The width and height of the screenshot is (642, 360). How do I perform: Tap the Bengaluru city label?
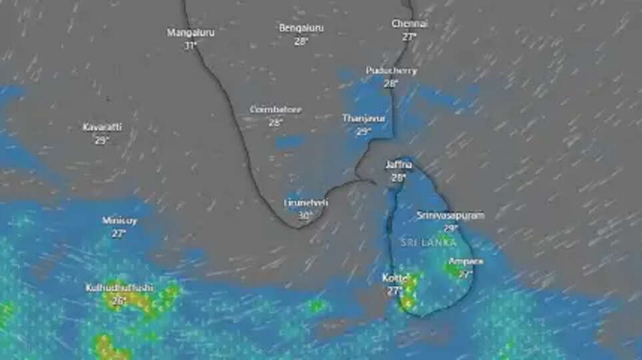point(301,28)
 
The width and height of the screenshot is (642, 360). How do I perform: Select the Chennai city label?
point(409,24)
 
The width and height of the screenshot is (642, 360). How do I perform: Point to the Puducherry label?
point(391,71)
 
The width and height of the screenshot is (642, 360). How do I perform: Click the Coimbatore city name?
point(276,109)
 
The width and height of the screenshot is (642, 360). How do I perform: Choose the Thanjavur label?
point(363,118)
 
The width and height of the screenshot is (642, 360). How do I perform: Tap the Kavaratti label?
point(102,127)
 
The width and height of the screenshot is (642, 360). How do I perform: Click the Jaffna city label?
point(399,165)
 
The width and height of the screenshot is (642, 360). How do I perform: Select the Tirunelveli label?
point(306,202)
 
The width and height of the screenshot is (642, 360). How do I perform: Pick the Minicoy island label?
point(119,221)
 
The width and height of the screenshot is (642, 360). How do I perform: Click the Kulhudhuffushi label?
point(119,288)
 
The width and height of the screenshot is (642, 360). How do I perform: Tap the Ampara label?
point(466,261)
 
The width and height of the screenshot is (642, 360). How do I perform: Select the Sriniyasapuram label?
point(451,215)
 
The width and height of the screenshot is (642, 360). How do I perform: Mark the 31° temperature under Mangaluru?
point(191,45)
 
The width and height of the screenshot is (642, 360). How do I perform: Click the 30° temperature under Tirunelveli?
point(305,215)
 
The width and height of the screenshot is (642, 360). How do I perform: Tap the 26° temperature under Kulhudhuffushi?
point(119,301)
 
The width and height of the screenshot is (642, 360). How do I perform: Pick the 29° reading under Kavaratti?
point(101,141)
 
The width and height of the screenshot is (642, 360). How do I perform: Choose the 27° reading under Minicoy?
point(119,233)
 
